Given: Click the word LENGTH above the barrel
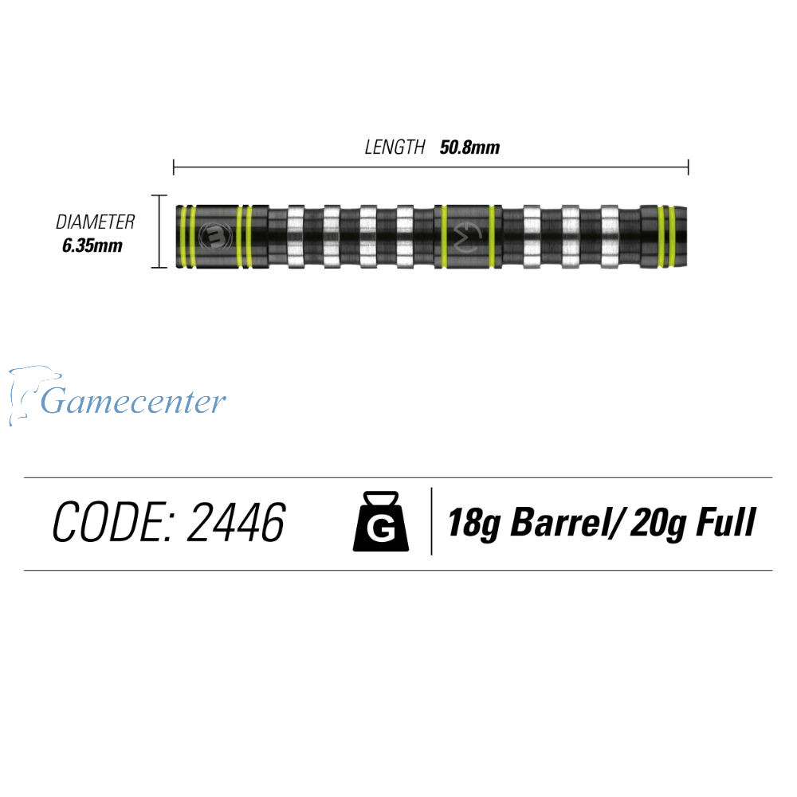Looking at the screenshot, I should [395, 147].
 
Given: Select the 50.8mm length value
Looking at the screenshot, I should [469, 147].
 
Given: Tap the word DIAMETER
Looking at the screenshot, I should [95, 222].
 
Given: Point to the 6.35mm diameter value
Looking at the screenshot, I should [92, 245].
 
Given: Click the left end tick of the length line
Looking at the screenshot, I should [174, 167].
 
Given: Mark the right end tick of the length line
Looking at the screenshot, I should [688, 167].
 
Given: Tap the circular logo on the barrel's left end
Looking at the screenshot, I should [215, 235].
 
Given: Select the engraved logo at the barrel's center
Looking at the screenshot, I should [467, 236].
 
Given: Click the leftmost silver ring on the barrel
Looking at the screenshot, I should [296, 235].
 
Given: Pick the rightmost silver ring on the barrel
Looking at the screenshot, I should [610, 235].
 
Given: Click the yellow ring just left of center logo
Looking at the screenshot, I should [444, 236].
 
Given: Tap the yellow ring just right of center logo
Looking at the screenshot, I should [490, 236].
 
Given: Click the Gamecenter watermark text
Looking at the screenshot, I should [133, 401].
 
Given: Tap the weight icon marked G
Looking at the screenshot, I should [380, 522].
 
